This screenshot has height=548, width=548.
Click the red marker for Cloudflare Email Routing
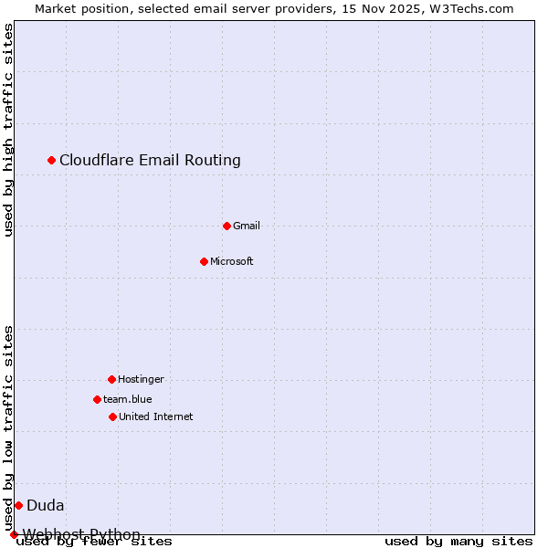(52, 160)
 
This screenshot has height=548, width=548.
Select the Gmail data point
(227, 226)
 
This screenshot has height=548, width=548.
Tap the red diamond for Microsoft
(205, 261)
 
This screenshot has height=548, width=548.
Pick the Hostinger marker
(111, 379)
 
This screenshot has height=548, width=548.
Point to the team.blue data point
(97, 399)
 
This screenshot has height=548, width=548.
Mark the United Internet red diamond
(112, 416)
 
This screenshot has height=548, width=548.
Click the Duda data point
(18, 505)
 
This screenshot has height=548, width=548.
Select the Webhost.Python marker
(14, 534)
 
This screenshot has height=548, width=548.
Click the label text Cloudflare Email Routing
(150, 160)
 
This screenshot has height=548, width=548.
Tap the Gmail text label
(247, 226)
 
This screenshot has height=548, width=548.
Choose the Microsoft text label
(232, 261)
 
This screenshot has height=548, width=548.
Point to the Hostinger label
(141, 379)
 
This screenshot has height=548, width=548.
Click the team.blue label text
(128, 399)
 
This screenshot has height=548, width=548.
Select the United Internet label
(155, 416)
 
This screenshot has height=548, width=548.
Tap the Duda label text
(45, 505)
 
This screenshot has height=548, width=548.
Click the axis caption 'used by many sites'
(458, 542)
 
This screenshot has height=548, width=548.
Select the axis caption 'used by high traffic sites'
(8, 130)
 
